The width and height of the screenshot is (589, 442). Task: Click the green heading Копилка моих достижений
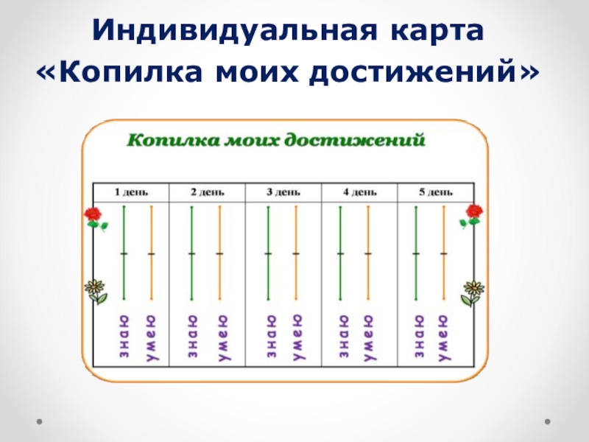point(276,140)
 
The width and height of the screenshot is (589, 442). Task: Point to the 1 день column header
point(131,192)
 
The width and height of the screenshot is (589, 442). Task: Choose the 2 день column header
point(208,192)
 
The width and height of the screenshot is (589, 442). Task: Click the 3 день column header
point(283,192)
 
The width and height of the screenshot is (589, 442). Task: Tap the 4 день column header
point(360,192)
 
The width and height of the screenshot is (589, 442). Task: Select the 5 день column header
point(436,192)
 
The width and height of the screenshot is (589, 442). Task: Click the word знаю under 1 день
point(124,337)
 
